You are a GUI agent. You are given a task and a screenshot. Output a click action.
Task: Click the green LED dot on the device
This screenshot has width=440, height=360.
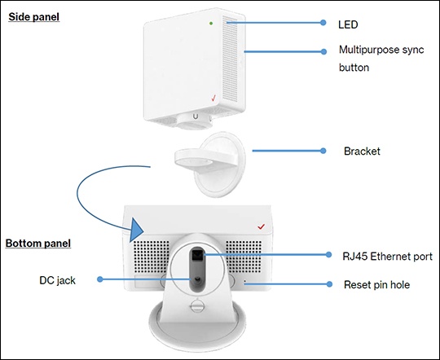point(211,24)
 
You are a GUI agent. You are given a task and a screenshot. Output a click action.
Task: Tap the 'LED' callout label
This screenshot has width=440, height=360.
point(348,24)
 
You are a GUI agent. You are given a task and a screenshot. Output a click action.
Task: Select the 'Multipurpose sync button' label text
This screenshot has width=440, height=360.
point(381,59)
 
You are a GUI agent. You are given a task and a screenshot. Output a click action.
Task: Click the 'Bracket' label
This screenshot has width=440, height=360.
point(362,151)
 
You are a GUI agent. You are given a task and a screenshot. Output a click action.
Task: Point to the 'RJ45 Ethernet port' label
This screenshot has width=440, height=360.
point(388,257)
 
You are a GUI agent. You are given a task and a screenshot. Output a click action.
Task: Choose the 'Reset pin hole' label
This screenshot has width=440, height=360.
point(377,285)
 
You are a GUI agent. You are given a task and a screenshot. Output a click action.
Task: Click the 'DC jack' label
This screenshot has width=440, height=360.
point(58,281)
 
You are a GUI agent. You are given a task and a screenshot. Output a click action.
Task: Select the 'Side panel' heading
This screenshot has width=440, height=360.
point(34,17)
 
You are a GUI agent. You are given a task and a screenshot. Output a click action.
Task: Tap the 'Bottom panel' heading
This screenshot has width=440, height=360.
point(38,244)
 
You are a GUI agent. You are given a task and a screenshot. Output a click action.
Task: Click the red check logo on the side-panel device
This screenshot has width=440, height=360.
point(213,98)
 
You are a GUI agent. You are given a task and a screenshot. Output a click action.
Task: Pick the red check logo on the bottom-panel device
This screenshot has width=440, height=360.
point(262,226)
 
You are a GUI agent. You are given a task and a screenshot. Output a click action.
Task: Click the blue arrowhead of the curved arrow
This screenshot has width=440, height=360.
point(136,230)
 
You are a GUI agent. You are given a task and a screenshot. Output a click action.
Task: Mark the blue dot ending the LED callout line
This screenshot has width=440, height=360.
point(323,23)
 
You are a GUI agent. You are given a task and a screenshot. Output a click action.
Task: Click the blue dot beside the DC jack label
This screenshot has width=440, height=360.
point(100,279)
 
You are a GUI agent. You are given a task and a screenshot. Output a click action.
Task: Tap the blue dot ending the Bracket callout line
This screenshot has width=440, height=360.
point(323,151)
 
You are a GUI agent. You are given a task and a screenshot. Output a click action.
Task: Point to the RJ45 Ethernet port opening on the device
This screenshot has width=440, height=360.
point(197,255)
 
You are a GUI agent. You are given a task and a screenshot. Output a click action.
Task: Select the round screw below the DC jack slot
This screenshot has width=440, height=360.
point(197,305)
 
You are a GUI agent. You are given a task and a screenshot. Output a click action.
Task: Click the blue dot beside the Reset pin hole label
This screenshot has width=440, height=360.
point(329,284)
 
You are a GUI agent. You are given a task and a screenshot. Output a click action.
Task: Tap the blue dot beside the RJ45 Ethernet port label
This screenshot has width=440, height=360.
point(328,254)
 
